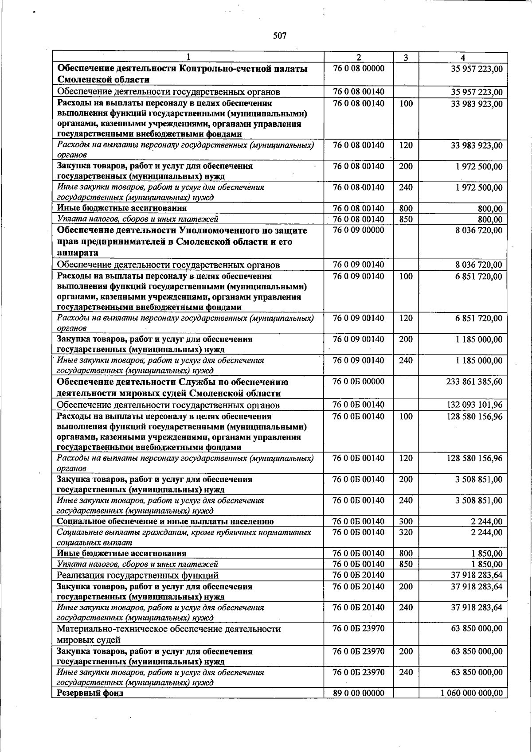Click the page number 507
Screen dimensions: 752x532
pyautogui.click(x=279, y=36)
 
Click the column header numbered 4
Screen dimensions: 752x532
pyautogui.click(x=463, y=58)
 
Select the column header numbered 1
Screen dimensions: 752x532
pyautogui.click(x=188, y=57)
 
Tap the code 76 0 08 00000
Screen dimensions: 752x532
pyautogui.click(x=359, y=69)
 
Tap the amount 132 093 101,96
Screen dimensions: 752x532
pyautogui.click(x=474, y=405)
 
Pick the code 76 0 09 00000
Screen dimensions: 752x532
pyautogui.click(x=359, y=230)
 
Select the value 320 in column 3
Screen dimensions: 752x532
pyautogui.click(x=406, y=532)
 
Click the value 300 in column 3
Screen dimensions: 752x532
pyautogui.click(x=406, y=522)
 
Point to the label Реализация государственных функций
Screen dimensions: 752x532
pyautogui.click(x=138, y=576)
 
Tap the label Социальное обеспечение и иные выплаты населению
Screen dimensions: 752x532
pyautogui.click(x=165, y=522)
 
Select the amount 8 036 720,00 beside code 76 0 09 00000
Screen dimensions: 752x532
pyautogui.click(x=478, y=230)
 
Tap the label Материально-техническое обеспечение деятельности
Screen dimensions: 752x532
pyautogui.click(x=169, y=629)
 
